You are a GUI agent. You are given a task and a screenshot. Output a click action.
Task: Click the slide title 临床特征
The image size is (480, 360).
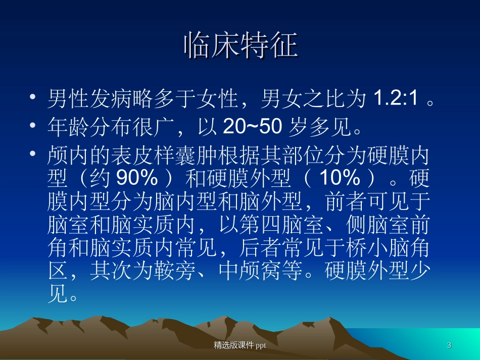point(240,46)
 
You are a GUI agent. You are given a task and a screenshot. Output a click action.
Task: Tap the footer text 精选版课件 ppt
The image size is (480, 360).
point(240,345)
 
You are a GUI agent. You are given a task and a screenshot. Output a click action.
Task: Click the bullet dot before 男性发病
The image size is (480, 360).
point(33,97)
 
